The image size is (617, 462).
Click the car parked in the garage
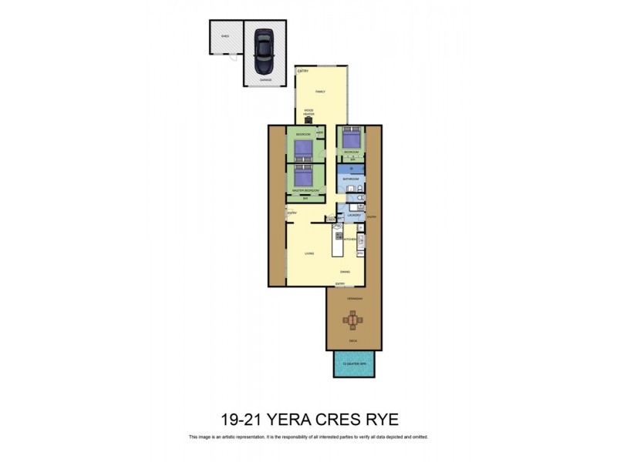[264, 47]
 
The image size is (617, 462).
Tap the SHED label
[224, 35]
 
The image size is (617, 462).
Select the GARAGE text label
[265, 79]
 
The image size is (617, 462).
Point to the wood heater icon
[308, 119]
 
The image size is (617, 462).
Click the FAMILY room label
[320, 92]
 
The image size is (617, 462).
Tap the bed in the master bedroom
[305, 176]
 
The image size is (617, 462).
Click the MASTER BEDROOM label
[305, 190]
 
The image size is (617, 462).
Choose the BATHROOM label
[351, 179]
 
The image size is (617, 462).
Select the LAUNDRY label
[354, 216]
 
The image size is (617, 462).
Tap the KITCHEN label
[349, 239]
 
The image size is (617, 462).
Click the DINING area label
[348, 272]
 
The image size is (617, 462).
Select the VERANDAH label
[354, 297]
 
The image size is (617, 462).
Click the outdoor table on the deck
[353, 319]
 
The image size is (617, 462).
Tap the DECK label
[353, 340]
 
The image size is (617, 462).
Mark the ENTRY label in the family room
[302, 72]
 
